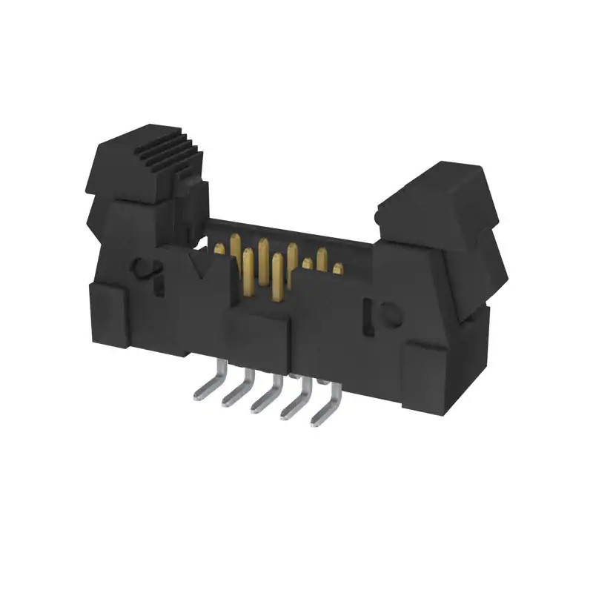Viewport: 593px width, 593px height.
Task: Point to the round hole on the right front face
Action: coord(391,316)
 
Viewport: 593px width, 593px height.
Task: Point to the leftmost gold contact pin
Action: coord(219,251)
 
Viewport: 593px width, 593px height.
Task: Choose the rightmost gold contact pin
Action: coord(338,268)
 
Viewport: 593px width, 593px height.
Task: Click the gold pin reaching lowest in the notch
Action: coord(277,282)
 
